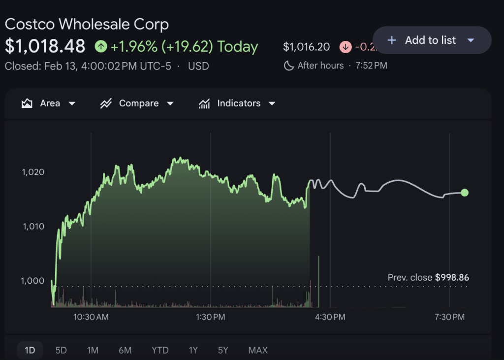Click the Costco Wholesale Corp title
(x=87, y=24)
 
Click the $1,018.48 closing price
(x=45, y=46)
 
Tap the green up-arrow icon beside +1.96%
(x=101, y=47)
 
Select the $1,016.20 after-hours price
(x=306, y=47)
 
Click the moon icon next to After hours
(x=289, y=65)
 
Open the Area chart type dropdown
(x=49, y=103)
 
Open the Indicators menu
(x=237, y=103)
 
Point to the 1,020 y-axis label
(x=33, y=172)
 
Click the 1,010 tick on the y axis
(x=33, y=227)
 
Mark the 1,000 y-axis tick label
(x=33, y=281)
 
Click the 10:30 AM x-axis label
(x=91, y=317)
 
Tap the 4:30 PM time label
(x=330, y=317)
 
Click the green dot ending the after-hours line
(x=464, y=193)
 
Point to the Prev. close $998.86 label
(x=428, y=278)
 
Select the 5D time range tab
(x=61, y=350)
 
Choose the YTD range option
(x=160, y=350)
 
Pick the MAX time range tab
(x=258, y=350)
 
